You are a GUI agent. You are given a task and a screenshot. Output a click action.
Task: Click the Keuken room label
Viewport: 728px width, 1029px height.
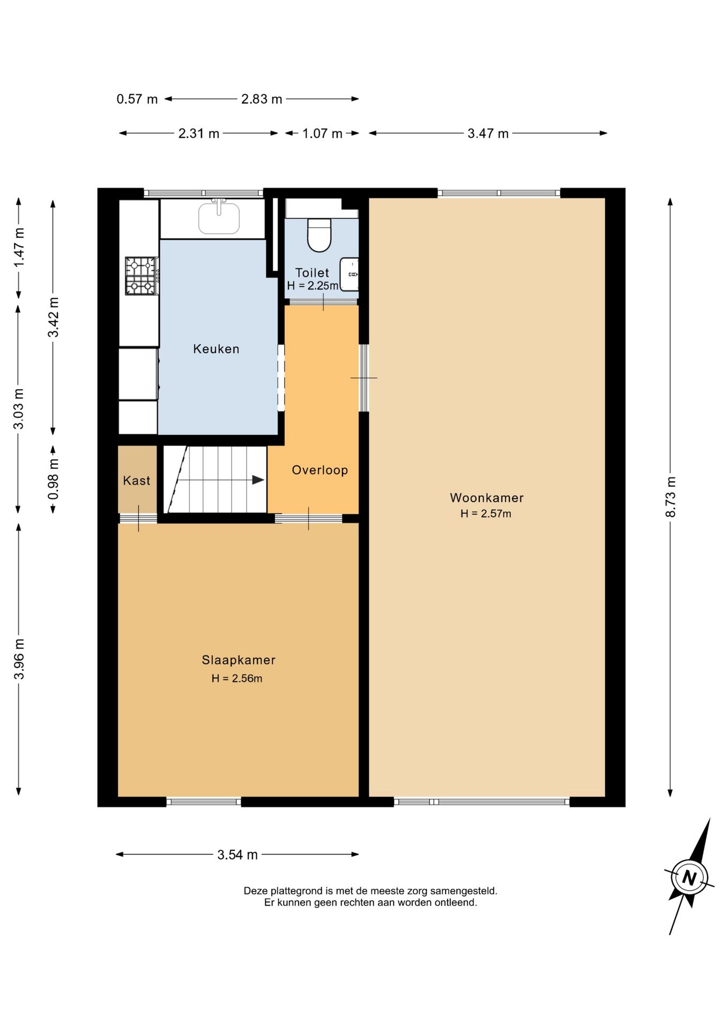[216, 349]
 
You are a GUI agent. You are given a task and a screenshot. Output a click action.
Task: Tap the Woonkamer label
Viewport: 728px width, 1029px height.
[487, 498]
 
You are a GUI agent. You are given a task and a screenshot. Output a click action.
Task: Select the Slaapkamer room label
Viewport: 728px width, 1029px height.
[239, 660]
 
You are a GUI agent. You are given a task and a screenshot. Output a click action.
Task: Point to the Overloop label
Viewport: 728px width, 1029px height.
[320, 470]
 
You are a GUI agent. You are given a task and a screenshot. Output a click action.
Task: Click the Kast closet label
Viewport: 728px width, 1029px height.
[137, 481]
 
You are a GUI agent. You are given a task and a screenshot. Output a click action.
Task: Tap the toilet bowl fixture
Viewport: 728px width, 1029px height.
[320, 235]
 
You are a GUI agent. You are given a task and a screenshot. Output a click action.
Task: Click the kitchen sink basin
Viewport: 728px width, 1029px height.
[219, 218]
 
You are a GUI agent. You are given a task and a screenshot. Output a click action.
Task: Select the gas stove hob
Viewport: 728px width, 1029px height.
[142, 276]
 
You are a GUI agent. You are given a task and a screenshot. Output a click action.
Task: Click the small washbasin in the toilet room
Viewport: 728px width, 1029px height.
[350, 274]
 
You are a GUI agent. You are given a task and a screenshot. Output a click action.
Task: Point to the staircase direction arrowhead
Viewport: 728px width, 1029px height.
[258, 480]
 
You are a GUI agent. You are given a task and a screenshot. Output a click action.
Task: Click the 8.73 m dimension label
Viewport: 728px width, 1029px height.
[670, 497]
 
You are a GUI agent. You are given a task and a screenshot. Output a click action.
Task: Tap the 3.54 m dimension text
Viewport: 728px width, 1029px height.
[237, 855]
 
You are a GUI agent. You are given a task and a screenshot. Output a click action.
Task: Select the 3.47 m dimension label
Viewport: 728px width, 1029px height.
[488, 133]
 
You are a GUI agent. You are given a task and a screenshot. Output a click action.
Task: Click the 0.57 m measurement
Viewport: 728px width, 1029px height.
[137, 99]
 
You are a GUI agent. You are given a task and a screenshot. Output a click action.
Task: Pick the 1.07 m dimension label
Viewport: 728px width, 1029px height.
[322, 133]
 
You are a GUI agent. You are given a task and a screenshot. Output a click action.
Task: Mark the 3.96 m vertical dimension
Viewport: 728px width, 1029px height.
[19, 659]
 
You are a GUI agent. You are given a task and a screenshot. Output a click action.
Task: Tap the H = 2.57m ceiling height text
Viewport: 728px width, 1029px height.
[486, 513]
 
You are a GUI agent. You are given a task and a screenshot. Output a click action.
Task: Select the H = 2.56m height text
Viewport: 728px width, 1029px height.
[237, 678]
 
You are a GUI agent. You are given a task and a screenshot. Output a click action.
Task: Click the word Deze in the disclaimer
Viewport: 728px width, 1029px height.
[255, 891]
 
